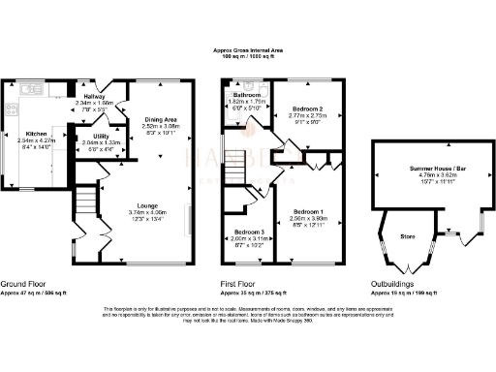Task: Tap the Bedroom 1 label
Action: point(307,210)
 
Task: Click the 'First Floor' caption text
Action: point(238,284)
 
